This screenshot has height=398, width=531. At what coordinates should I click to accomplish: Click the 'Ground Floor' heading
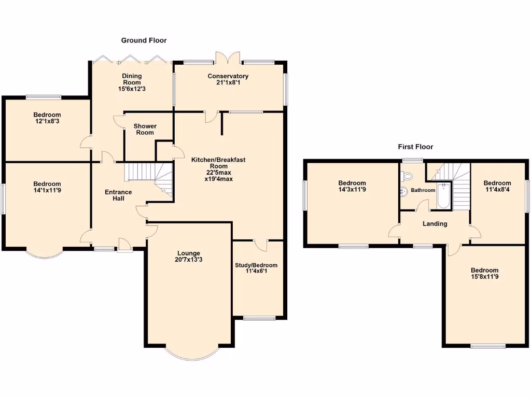pyautogui.click(x=144, y=40)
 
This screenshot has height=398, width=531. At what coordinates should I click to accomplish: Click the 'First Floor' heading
pyautogui.click(x=415, y=147)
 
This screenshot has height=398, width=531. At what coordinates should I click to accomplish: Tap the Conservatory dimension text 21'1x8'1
pyautogui.click(x=228, y=83)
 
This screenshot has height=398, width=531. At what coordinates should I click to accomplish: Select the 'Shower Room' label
pyautogui.click(x=145, y=129)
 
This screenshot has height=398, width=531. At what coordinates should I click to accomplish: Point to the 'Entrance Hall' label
pyautogui.click(x=118, y=195)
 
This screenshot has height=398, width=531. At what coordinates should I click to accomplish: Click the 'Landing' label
pyautogui.click(x=435, y=224)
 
